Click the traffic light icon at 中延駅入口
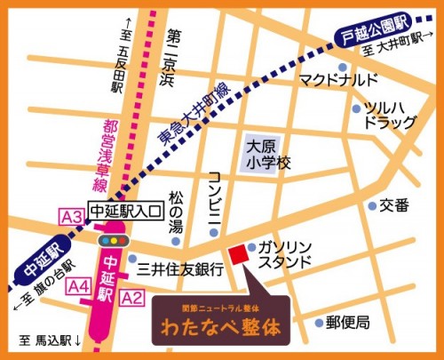[x=111, y=240]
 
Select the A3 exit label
[x=72, y=216]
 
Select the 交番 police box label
[x=394, y=205]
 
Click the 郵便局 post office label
[x=347, y=322]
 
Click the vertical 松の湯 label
[x=176, y=213]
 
